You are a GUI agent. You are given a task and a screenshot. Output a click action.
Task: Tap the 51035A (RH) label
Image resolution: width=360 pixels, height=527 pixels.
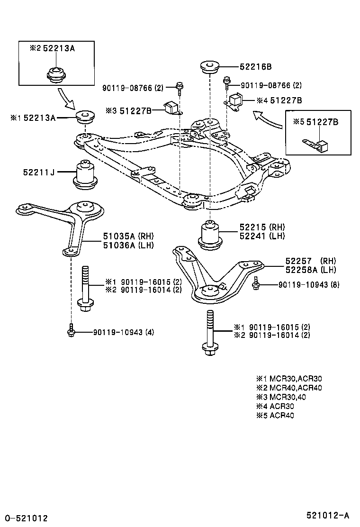point(128,236)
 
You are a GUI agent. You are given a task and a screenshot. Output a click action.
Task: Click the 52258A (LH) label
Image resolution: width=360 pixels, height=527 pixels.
point(310,270)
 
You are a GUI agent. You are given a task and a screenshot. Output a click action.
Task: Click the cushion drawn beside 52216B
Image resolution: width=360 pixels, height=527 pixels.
point(209,67)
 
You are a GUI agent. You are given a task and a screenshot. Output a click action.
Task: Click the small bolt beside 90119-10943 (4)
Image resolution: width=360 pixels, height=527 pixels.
point(71,330)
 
